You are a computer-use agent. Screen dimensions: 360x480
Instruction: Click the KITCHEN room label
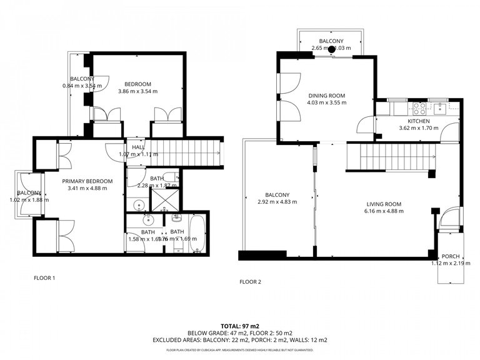pyautogui.click(x=418, y=121)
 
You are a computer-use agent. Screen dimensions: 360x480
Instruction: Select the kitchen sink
pyautogui.click(x=440, y=107)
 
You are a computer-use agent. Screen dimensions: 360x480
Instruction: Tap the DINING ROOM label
pyautogui.click(x=326, y=96)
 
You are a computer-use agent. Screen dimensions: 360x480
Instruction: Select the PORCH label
pyautogui.click(x=450, y=256)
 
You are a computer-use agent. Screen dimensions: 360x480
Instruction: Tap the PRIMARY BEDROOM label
pyautogui.click(x=87, y=181)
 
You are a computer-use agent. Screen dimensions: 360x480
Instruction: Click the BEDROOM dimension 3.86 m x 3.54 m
pyautogui.click(x=137, y=92)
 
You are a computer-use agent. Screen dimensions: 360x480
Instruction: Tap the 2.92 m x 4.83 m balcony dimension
pyautogui.click(x=277, y=202)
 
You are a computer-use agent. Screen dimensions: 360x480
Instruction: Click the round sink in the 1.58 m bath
pyautogui.click(x=148, y=220)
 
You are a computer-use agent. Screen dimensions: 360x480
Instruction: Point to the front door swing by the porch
pyautogui.click(x=448, y=219)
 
